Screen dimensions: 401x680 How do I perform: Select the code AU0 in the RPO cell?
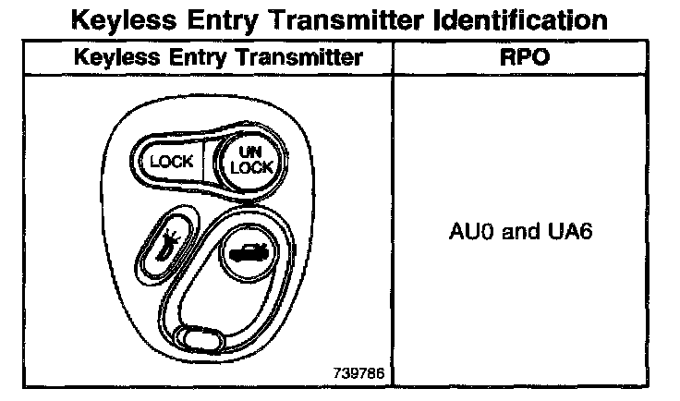pos(469,230)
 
